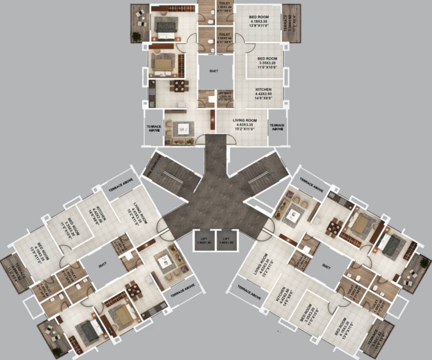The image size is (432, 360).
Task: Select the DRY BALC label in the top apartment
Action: (x=225, y=97)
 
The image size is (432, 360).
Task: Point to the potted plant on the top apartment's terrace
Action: (x=136, y=36)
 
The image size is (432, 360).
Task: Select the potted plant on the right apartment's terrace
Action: (x=424, y=263)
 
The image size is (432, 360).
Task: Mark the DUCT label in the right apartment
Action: (x=326, y=265)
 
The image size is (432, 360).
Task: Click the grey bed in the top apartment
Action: (x=166, y=28)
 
